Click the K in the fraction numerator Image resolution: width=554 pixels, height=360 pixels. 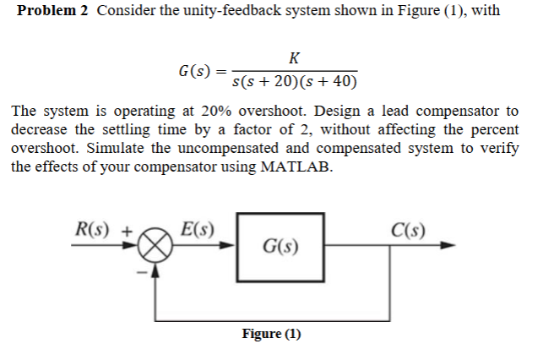tap(292, 58)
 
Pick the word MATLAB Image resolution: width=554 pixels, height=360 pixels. tap(296, 166)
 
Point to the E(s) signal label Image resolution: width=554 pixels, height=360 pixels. tap(198, 229)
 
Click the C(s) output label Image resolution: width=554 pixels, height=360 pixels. tap(410, 229)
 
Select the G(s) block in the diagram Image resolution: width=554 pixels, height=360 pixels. tap(280, 248)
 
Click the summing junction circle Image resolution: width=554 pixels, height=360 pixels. tap(155, 248)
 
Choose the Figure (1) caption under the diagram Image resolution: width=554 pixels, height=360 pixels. tap(271, 334)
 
